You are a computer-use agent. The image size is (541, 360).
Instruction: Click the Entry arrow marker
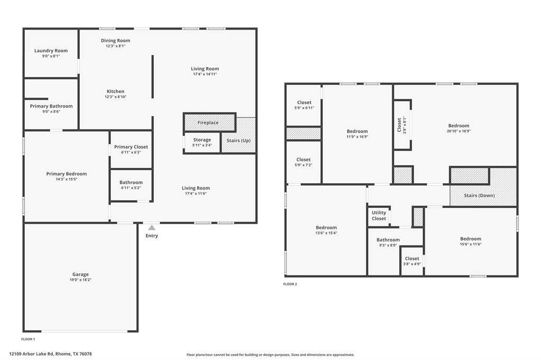click(x=152, y=228)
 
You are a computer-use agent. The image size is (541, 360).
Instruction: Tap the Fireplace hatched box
click(x=209, y=122)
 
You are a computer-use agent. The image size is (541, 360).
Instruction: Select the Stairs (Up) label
click(x=238, y=140)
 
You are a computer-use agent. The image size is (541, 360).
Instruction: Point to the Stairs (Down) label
click(x=479, y=195)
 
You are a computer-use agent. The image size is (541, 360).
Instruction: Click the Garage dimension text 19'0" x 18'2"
click(x=80, y=280)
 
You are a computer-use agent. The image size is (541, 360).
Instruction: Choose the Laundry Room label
click(x=51, y=50)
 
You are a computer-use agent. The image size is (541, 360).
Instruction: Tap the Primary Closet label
click(x=131, y=147)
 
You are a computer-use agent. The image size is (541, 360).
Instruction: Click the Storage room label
click(x=202, y=140)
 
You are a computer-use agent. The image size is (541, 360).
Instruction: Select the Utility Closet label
click(x=379, y=215)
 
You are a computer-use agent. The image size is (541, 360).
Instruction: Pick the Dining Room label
click(x=116, y=40)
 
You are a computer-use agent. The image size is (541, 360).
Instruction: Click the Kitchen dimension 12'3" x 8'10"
click(x=116, y=97)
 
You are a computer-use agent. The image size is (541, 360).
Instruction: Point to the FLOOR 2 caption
click(x=290, y=284)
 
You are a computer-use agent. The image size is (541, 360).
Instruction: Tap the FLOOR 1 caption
click(x=28, y=339)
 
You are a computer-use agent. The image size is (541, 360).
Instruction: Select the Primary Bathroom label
click(x=51, y=106)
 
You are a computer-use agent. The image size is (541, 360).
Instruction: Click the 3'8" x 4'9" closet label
click(x=412, y=264)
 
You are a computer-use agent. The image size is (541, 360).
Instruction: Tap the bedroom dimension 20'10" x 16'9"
click(x=459, y=131)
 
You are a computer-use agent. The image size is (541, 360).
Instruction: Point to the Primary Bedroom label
click(x=67, y=174)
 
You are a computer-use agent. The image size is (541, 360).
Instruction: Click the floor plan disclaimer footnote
click(x=270, y=355)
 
